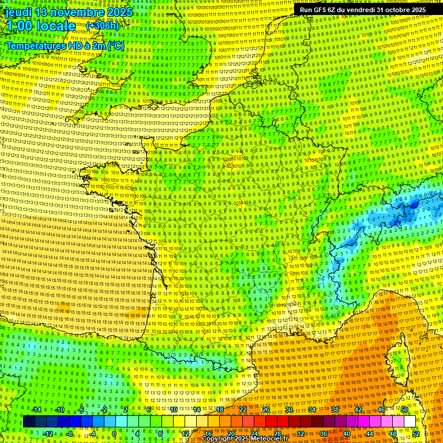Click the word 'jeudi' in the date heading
(x=18, y=12)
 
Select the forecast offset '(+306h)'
(x=102, y=26)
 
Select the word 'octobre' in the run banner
(x=395, y=10)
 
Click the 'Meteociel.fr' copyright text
(x=269, y=438)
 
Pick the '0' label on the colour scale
(x=115, y=434)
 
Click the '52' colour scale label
(x=416, y=434)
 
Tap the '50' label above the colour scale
(x=404, y=410)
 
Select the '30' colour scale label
(x=289, y=410)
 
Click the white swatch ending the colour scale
(x=410, y=422)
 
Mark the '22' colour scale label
(x=243, y=410)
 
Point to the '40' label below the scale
(x=347, y=434)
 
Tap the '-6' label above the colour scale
(x=82, y=410)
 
